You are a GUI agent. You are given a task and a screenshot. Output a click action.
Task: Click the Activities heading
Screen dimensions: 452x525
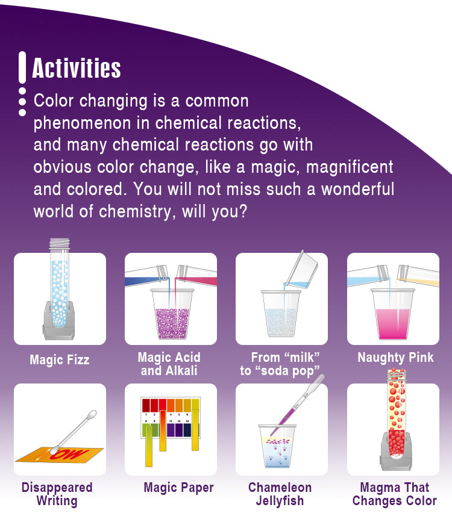coord(77,68)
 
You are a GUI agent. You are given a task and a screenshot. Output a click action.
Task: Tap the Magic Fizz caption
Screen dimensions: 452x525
coord(60,360)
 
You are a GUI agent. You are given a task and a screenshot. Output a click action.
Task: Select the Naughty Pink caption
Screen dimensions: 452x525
coord(395,357)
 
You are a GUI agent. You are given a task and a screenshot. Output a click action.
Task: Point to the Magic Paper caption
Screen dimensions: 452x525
coord(178,488)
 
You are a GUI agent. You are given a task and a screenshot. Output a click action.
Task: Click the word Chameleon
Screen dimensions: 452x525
coord(280,488)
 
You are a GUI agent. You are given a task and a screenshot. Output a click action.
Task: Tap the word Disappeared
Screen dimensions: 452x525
coord(57,488)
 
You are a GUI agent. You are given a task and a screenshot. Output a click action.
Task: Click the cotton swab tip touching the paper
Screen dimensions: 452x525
coord(54,450)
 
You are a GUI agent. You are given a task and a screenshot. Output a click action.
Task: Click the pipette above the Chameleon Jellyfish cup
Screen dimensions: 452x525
coord(298,405)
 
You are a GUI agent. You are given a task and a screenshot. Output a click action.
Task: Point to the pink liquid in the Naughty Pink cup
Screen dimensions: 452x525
coord(393,323)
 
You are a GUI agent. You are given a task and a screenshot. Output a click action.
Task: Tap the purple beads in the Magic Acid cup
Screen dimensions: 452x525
coord(172,323)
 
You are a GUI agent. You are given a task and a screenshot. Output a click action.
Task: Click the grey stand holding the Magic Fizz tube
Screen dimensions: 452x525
coord(59,321)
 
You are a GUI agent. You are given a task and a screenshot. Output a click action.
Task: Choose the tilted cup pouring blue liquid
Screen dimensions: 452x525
coord(301,270)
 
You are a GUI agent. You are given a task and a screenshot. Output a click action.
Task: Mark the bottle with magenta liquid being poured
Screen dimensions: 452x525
coord(196,275)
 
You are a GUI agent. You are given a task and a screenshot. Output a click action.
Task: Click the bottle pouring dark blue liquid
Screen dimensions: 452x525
coord(146,276)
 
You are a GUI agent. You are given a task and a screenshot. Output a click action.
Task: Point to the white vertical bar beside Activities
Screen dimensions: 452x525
coord(22,67)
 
